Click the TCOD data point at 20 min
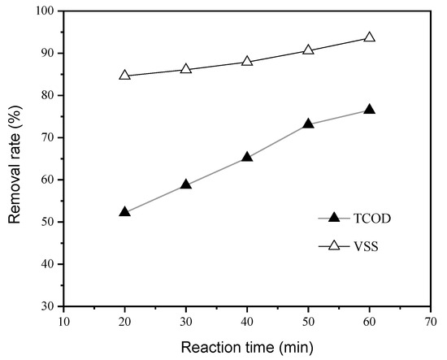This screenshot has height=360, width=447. click(x=124, y=212)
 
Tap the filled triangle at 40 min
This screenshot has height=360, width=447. click(x=247, y=157)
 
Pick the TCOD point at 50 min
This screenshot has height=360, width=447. click(x=308, y=124)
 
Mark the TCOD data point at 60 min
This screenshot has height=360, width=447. click(x=369, y=110)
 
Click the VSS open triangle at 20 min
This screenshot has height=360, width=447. click(x=124, y=75)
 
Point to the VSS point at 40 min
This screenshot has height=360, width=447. click(x=247, y=62)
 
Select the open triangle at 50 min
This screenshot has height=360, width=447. click(x=308, y=50)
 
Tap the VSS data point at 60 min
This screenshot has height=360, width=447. click(x=369, y=37)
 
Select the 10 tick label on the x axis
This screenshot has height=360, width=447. click(x=63, y=321)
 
